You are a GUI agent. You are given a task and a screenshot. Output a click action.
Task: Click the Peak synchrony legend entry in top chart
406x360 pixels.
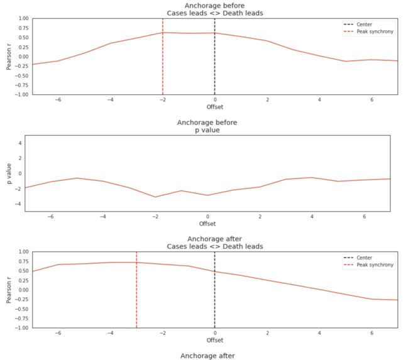[x=378, y=31]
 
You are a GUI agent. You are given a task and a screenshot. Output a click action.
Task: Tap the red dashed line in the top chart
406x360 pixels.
[x=163, y=63]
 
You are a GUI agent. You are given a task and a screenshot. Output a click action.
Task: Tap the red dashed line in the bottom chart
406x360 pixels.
[x=136, y=295]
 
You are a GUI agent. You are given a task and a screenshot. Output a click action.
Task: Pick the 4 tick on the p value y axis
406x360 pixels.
[x=20, y=143]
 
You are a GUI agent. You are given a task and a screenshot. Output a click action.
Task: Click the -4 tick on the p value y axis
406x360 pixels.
[x=19, y=204]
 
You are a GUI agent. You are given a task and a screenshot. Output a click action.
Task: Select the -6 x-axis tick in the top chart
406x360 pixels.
[x=57, y=99]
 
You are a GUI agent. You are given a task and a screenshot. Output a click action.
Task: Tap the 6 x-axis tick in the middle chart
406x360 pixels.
[x=364, y=216]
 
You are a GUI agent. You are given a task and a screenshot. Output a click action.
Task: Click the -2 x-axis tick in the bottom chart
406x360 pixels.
[x=162, y=333]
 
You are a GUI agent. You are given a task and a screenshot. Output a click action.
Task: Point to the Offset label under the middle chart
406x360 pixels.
[x=207, y=224]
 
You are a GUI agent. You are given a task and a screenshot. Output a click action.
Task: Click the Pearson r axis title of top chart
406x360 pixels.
[x=8, y=57]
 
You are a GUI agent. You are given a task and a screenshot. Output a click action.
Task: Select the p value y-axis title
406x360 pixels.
[x=8, y=173]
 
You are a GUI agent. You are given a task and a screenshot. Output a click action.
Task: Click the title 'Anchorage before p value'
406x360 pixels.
[x=207, y=126]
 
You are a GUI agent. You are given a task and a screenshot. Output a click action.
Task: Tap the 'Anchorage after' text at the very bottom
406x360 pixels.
[x=207, y=356]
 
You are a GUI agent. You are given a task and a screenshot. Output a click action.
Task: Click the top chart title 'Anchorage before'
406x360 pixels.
[x=214, y=6]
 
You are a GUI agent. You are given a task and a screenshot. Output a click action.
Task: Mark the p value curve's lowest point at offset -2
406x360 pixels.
[x=155, y=197]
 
